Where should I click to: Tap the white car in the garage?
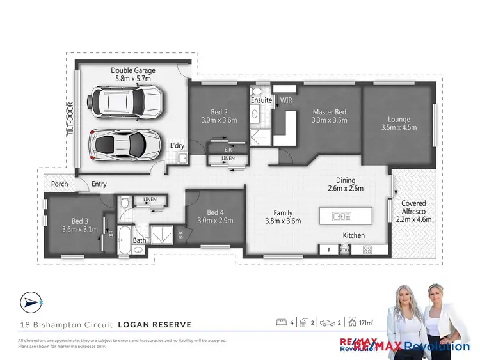(x=128, y=102)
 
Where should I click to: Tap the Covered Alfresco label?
(x=413, y=203)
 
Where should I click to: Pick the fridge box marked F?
(x=329, y=249)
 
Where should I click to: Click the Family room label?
(x=283, y=213)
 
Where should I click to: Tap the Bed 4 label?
(x=214, y=212)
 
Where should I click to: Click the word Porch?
(x=60, y=185)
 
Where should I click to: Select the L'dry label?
(x=177, y=146)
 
